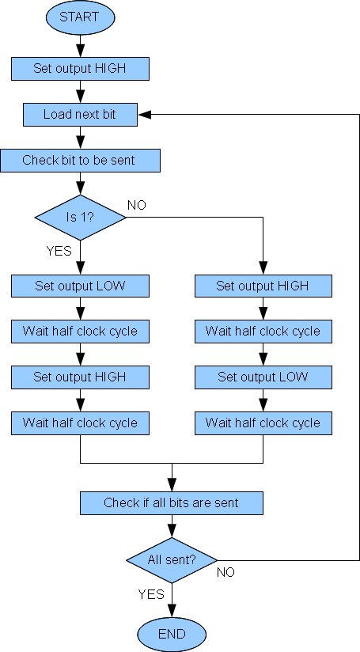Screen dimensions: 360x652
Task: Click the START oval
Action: tap(80, 17)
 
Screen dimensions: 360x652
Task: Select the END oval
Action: tap(172, 634)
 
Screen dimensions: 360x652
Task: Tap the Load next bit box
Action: tap(80, 115)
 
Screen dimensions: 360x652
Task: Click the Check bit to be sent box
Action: tap(80, 160)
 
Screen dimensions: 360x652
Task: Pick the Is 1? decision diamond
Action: tap(80, 217)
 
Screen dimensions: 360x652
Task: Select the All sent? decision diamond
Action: tap(172, 560)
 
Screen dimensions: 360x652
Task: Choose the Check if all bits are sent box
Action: tap(171, 502)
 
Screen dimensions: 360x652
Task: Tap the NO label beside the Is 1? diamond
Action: tap(137, 205)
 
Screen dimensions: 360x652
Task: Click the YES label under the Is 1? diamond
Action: tap(59, 251)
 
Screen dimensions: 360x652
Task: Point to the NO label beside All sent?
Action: tap(225, 572)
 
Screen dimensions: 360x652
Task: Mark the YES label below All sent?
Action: tap(151, 593)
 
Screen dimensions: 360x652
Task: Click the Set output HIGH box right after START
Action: tap(80, 69)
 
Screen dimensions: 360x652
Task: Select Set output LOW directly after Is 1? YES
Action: tap(80, 286)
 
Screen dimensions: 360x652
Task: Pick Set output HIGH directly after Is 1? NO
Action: tap(263, 286)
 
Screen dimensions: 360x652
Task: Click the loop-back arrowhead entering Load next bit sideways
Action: tap(144, 115)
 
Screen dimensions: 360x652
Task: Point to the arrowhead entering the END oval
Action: tap(172, 611)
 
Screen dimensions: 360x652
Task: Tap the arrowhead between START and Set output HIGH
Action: tap(80, 51)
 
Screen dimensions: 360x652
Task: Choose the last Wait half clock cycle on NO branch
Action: tap(263, 423)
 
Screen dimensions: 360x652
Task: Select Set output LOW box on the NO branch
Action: tap(263, 377)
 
